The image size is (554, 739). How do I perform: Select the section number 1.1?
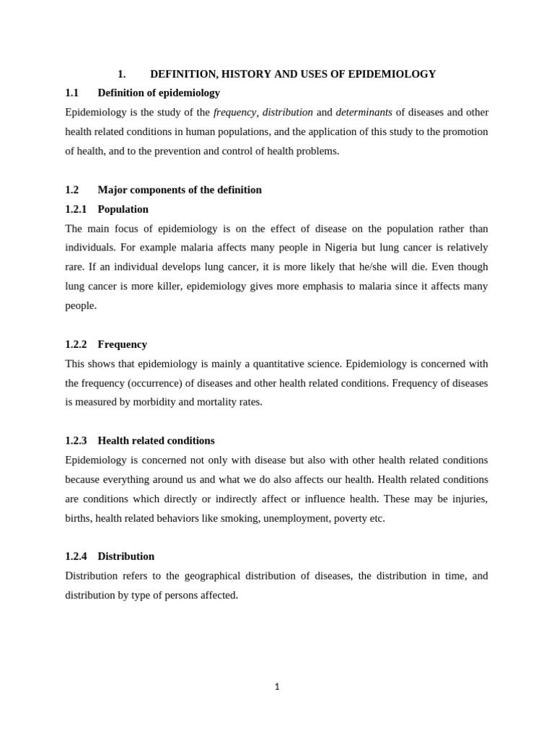tap(71, 93)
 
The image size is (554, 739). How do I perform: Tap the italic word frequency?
tap(234, 113)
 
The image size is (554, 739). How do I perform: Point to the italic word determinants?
tap(364, 113)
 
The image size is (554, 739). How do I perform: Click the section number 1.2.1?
tap(76, 209)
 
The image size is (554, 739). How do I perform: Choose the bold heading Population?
tap(123, 209)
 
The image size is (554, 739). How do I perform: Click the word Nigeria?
tap(330, 248)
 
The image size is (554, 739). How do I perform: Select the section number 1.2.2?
tap(76, 344)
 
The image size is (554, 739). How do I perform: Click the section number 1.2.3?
tap(76, 441)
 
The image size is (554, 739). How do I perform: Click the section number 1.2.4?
tap(76, 556)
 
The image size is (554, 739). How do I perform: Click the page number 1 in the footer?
tap(277, 687)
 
